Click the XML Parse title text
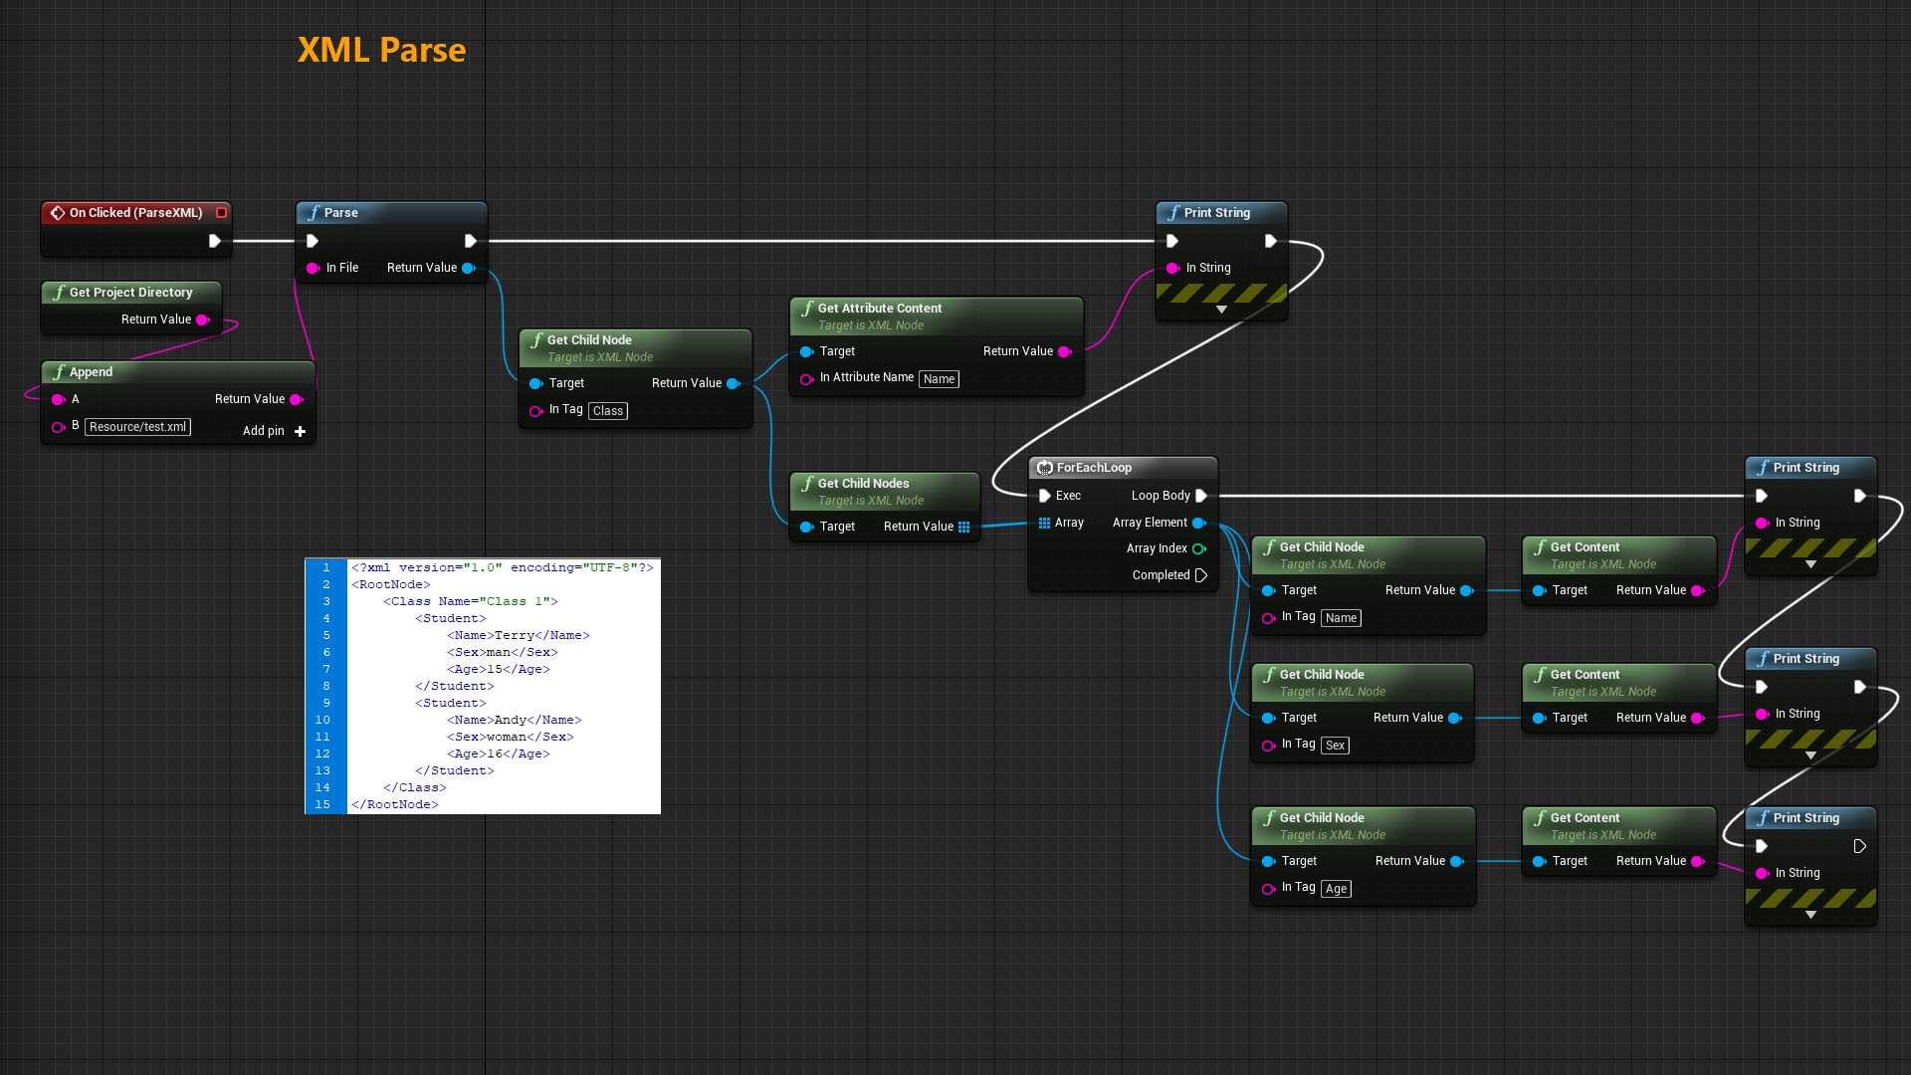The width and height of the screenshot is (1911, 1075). (x=381, y=50)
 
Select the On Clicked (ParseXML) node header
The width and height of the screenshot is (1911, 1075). (x=135, y=212)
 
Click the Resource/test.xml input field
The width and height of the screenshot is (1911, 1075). (x=137, y=427)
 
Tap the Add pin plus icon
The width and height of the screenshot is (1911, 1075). (x=300, y=431)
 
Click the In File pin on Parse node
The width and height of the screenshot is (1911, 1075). (x=314, y=268)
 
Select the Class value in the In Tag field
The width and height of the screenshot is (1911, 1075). (x=607, y=411)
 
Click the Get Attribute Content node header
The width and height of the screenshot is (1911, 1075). (x=879, y=309)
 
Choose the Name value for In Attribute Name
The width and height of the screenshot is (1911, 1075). (x=938, y=379)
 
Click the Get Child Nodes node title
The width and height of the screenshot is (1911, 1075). (x=863, y=484)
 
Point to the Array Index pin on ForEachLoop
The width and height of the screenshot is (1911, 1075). (x=1198, y=548)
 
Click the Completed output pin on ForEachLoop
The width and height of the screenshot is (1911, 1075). (x=1200, y=575)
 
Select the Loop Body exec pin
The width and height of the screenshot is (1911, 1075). (x=1200, y=496)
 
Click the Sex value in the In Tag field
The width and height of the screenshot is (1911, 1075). (x=1335, y=746)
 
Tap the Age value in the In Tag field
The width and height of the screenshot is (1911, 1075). (x=1336, y=889)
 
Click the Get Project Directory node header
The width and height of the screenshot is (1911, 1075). (x=130, y=293)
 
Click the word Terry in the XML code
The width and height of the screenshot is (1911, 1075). (x=514, y=635)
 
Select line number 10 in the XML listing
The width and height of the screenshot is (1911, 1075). (x=322, y=720)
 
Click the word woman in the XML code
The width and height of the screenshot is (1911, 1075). (x=506, y=737)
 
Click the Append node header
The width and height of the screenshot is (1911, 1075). (x=91, y=372)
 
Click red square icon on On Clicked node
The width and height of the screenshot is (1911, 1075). (x=221, y=212)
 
